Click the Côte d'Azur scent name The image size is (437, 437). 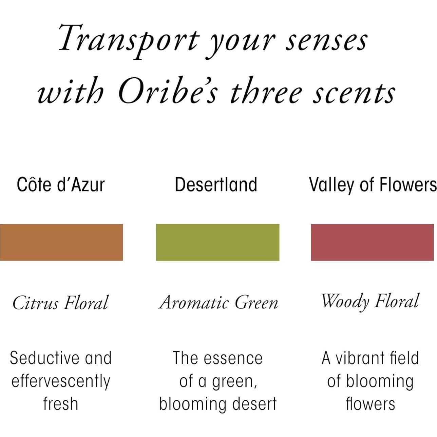coord(61,184)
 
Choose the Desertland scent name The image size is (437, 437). coord(216,184)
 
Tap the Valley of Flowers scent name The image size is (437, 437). coord(373,185)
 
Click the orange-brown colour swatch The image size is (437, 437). coord(61,242)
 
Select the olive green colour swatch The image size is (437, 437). coord(218,242)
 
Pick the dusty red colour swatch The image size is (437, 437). coord(373,242)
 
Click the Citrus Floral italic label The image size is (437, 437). coord(60,302)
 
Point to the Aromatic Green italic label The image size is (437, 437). coord(218,302)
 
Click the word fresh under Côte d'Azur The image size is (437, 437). coord(60,404)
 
